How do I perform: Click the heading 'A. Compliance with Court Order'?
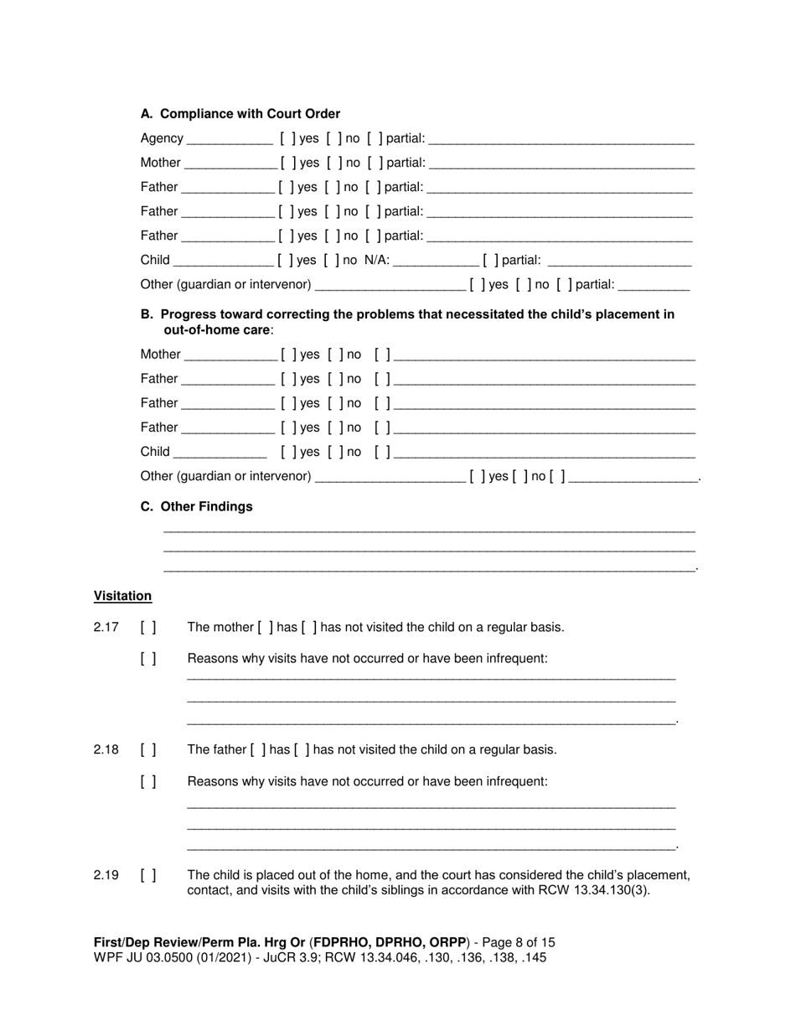(x=240, y=114)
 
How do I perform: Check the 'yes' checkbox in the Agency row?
(x=287, y=138)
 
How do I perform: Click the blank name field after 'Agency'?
(x=230, y=139)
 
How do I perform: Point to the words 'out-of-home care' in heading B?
(x=216, y=330)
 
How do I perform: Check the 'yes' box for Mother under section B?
(x=288, y=355)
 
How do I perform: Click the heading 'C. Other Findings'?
(x=196, y=507)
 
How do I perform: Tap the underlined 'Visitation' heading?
(x=122, y=596)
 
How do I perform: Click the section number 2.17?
(x=106, y=628)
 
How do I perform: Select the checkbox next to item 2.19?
(x=148, y=876)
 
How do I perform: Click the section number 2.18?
(x=106, y=750)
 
